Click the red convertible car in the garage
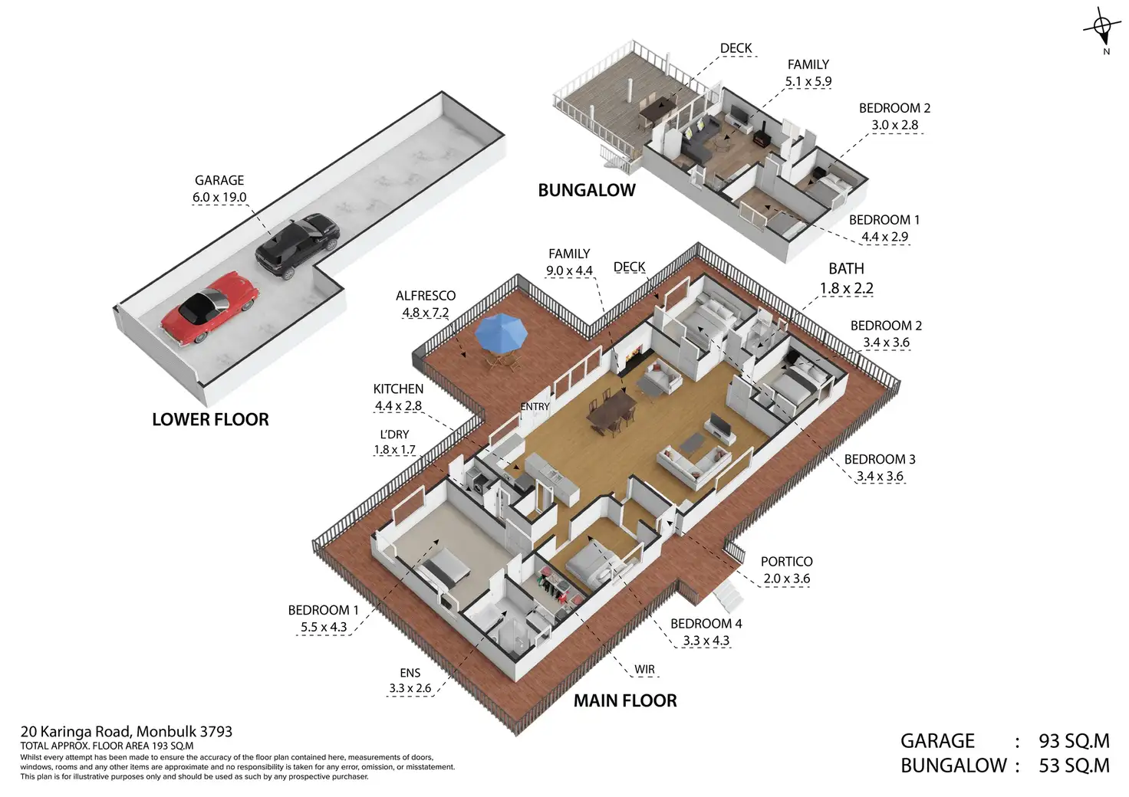click(x=208, y=308)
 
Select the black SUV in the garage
click(x=297, y=244)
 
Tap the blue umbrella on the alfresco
click(x=502, y=331)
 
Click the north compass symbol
click(x=1103, y=30)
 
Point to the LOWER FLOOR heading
click(x=210, y=420)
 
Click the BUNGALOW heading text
click(x=587, y=191)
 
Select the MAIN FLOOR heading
click(x=625, y=700)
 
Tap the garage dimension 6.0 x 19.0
click(x=219, y=198)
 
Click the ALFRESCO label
click(x=426, y=296)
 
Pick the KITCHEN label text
click(x=398, y=389)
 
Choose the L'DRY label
click(x=394, y=435)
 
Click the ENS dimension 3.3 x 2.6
click(x=410, y=688)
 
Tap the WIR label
click(x=644, y=670)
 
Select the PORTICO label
click(x=786, y=562)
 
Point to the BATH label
click(x=846, y=269)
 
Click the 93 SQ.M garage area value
click(x=1074, y=741)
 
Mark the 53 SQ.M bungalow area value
click(x=1074, y=766)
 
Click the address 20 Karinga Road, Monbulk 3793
click(x=127, y=732)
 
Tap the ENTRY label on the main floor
click(x=535, y=407)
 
